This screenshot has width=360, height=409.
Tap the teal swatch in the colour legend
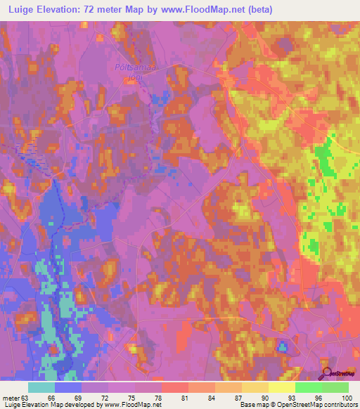point(41,387)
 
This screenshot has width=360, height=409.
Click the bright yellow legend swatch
point(281,387)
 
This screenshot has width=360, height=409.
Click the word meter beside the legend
point(11,398)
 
